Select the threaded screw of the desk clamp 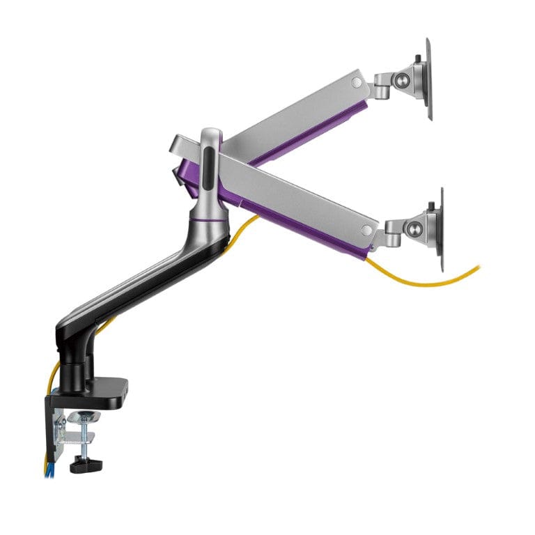[x=84, y=439]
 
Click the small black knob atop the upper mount [x=417, y=59]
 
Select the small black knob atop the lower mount [x=432, y=206]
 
